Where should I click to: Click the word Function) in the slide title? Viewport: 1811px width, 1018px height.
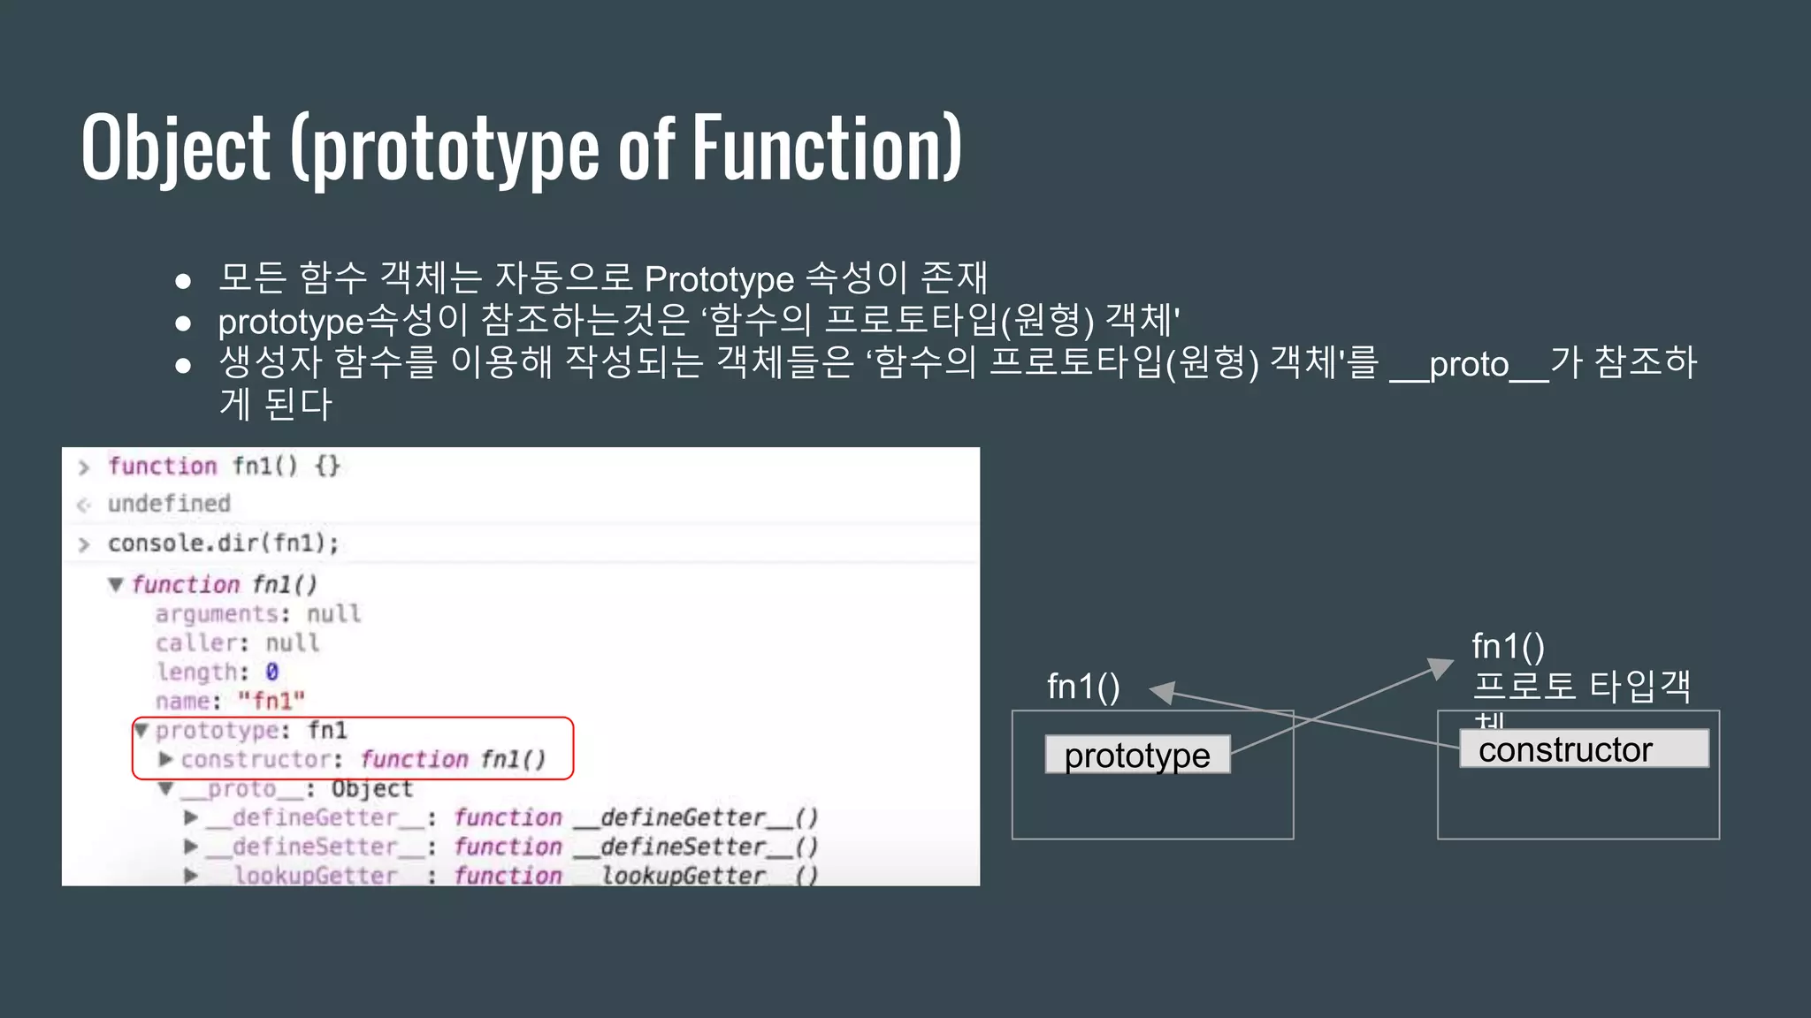click(827, 148)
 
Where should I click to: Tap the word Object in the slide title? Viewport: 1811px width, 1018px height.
click(176, 148)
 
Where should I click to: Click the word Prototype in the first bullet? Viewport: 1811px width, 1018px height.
click(719, 279)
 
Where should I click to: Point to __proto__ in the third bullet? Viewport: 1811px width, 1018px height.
click(1469, 364)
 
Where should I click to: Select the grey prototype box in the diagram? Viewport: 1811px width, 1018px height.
click(1137, 756)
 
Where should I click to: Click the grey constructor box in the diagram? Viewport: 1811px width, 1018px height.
click(1583, 749)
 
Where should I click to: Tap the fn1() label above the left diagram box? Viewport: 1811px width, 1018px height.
click(1083, 687)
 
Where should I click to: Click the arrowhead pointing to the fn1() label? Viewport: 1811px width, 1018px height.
click(1162, 693)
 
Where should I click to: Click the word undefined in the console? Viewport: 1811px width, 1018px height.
click(169, 504)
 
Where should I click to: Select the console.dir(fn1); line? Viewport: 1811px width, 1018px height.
click(223, 543)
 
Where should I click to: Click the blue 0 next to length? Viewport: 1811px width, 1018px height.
click(272, 672)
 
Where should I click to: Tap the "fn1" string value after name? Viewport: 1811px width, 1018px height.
click(271, 702)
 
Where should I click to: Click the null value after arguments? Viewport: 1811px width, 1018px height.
click(333, 614)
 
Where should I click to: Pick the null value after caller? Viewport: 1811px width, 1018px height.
click(292, 643)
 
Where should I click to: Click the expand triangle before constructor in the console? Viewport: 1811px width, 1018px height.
click(165, 759)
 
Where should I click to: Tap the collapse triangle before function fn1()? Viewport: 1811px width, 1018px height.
click(116, 584)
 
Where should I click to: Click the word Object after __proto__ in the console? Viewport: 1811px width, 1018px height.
click(371, 789)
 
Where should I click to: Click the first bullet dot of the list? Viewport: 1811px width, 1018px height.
click(183, 281)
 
